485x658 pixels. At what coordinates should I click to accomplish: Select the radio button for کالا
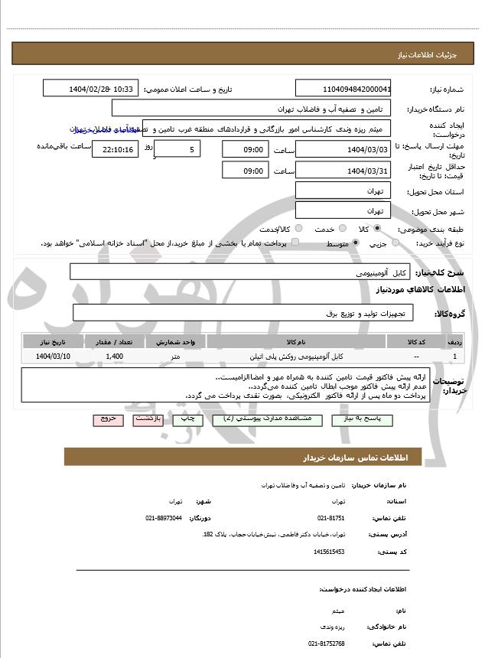pos(377,228)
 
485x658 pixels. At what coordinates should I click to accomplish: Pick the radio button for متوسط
pos(356,243)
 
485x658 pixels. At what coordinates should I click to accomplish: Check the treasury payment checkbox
pos(295,243)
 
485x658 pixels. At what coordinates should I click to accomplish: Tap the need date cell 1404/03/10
pos(53,357)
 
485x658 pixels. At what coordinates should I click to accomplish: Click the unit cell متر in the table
pos(176,357)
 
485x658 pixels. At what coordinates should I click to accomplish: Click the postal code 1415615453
pos(329,551)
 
